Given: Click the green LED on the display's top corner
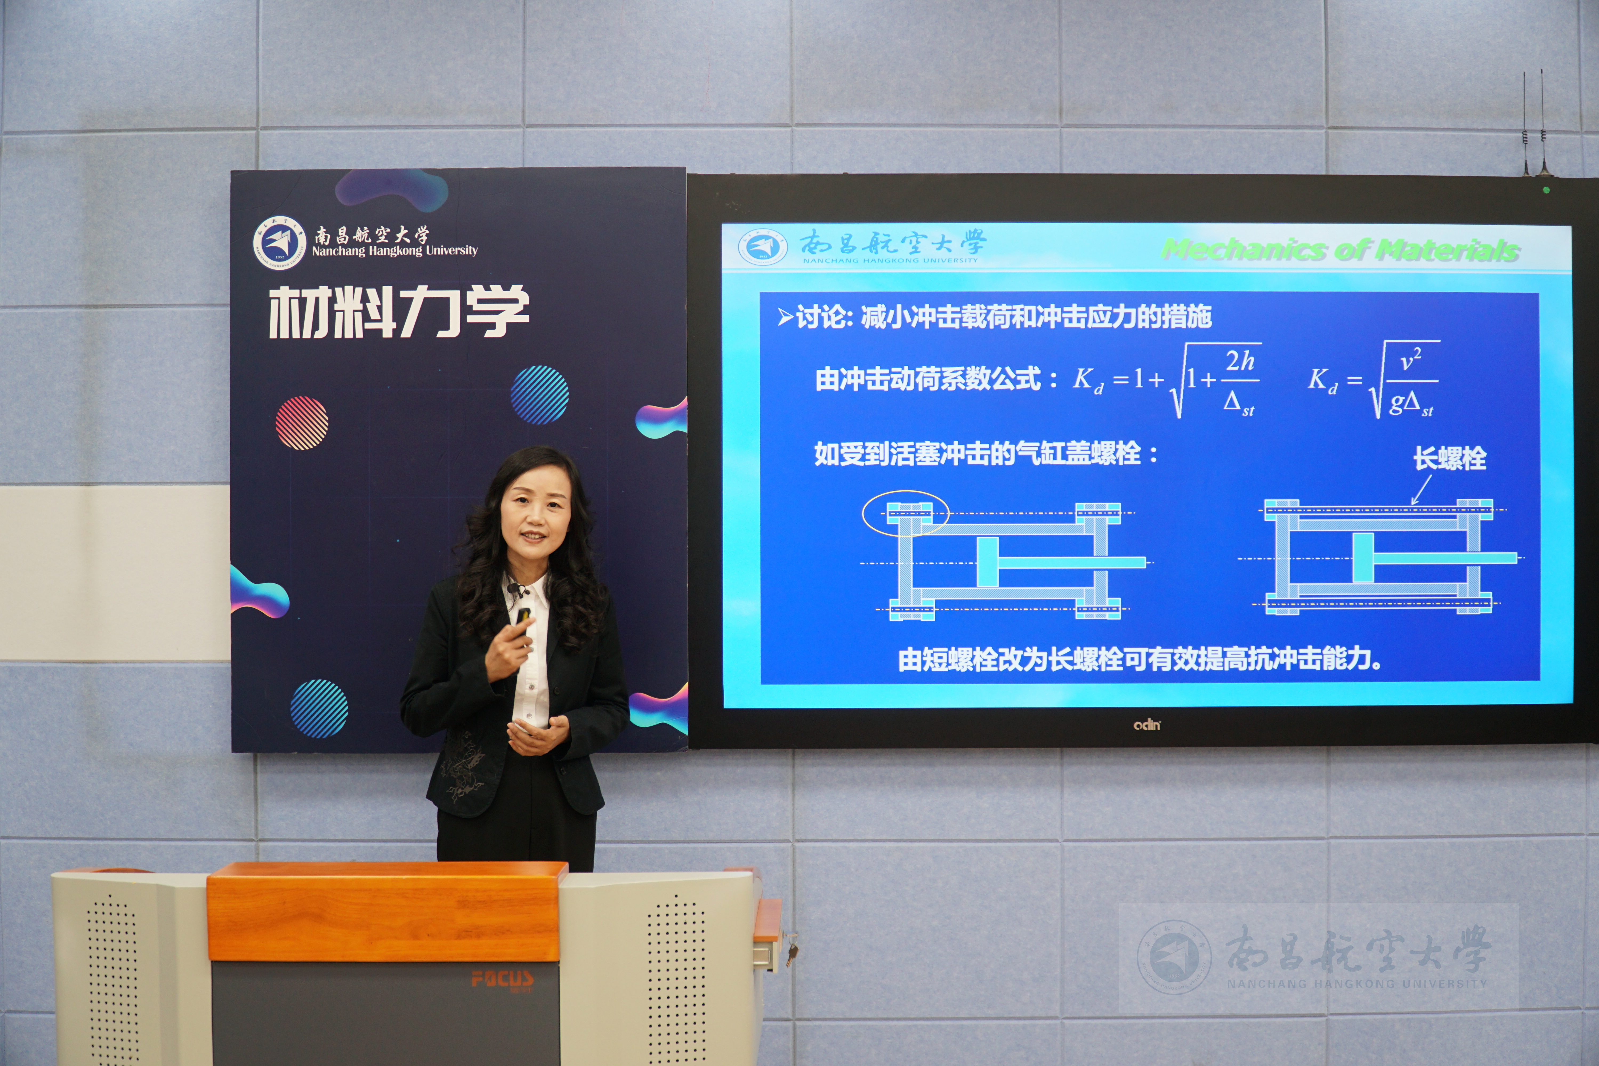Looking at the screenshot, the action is pos(1547,190).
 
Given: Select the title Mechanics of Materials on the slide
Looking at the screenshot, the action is pos(1340,249).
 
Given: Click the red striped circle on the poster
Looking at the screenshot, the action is pos(302,423).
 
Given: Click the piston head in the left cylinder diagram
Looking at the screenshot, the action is pos(988,562).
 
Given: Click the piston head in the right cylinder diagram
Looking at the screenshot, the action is pos(1363,558).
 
